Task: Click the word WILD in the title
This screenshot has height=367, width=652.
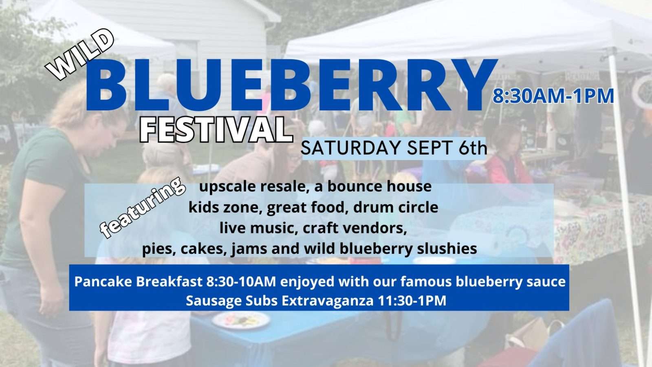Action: tap(79, 55)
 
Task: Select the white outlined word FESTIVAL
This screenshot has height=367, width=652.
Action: tap(216, 130)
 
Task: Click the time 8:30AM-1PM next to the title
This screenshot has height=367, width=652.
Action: tap(553, 96)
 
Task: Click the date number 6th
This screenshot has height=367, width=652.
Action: tap(472, 147)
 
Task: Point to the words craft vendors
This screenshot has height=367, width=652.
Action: tap(355, 228)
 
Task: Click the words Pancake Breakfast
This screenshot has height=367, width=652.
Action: tap(139, 281)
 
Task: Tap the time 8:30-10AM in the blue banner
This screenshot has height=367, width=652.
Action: tap(241, 281)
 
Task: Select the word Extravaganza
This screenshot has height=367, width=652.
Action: tap(328, 301)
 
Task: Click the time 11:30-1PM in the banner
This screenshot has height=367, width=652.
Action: tap(412, 301)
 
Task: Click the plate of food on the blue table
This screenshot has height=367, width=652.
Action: tap(241, 320)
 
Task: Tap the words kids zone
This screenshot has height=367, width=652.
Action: tap(224, 207)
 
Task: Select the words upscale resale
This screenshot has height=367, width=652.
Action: tap(253, 187)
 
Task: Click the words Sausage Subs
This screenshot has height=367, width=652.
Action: tap(232, 301)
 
